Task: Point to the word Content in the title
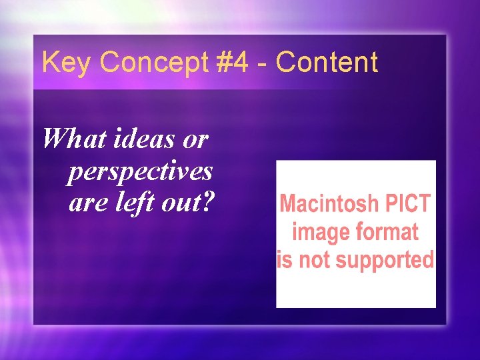tap(327, 63)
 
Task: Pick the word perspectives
tap(140, 171)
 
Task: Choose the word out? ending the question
tap(187, 203)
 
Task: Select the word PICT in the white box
tap(409, 203)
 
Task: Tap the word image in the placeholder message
tap(315, 232)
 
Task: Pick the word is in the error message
tap(285, 259)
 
